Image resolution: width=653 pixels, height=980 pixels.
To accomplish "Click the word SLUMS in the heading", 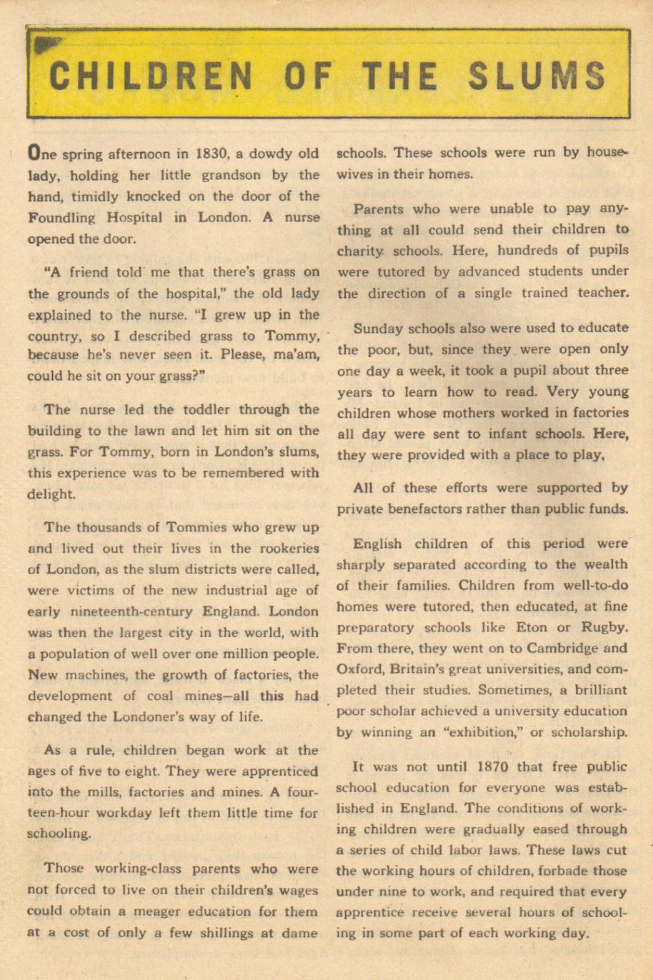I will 537,76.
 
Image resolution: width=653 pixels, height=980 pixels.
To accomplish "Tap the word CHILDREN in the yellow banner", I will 151,76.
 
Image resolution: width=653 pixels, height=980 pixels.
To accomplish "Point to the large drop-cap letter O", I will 33,153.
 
